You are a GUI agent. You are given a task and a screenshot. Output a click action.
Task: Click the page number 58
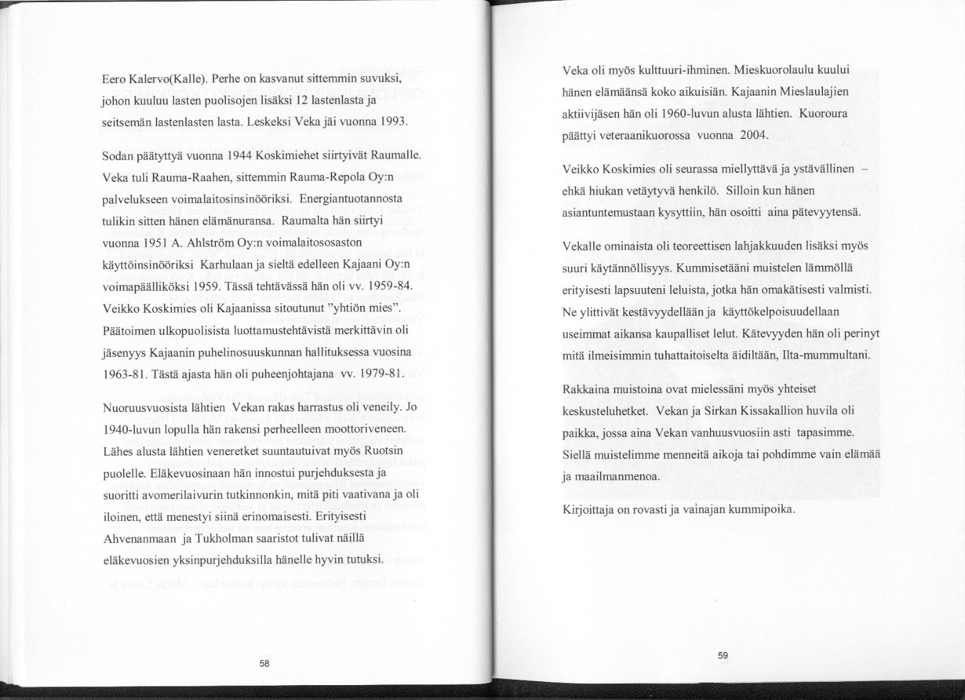tap(264, 664)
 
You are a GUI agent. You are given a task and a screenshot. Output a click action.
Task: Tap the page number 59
tap(722, 656)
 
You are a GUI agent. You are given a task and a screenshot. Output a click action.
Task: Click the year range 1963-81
tap(125, 374)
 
